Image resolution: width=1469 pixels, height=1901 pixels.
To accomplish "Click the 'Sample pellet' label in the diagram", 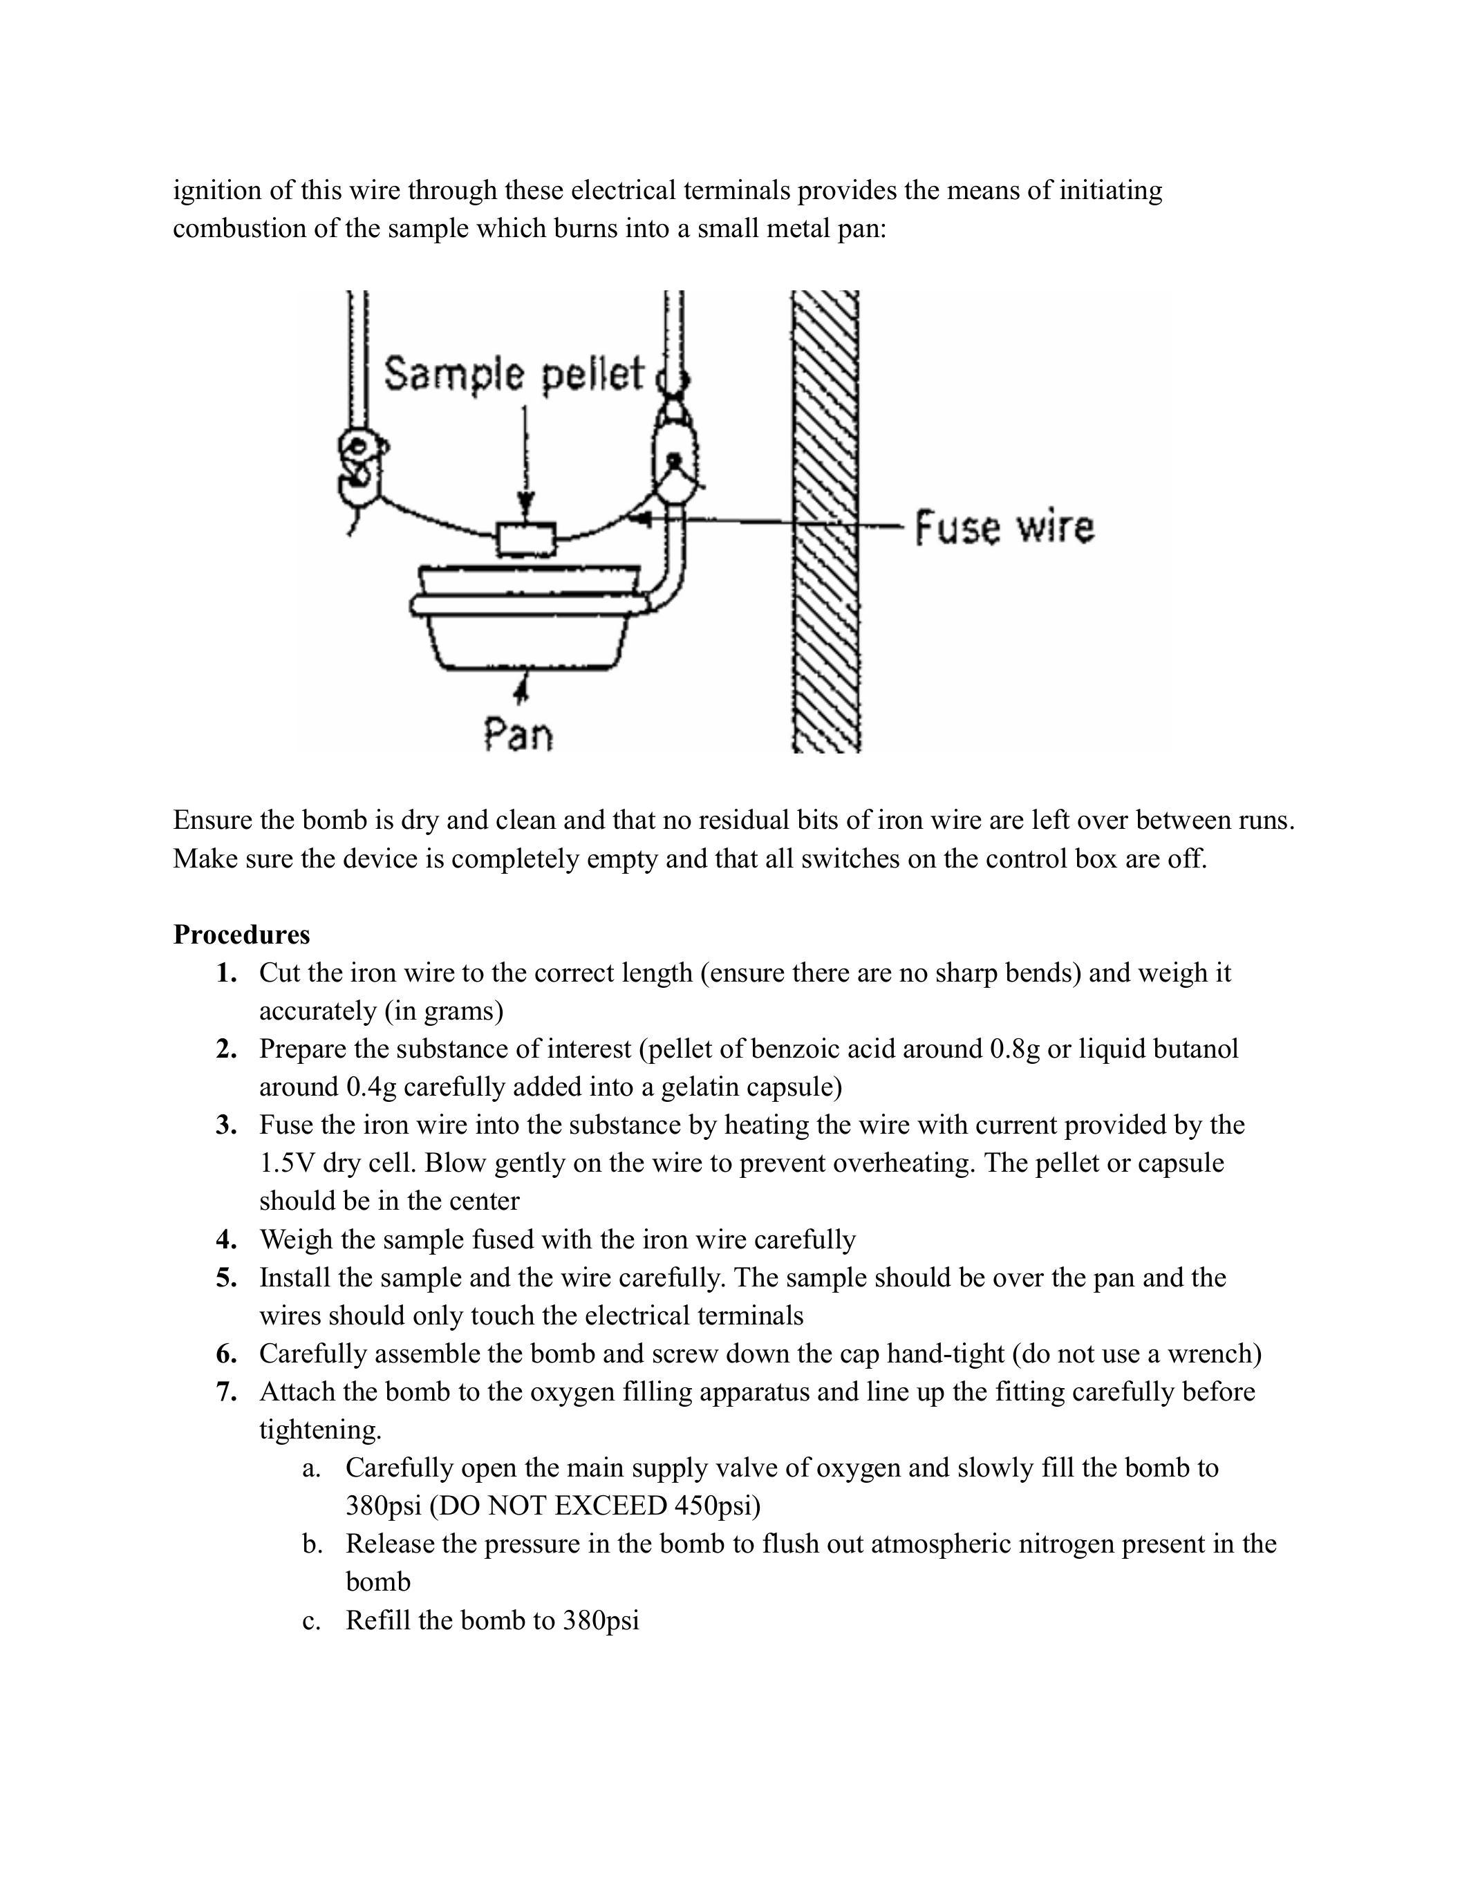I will pos(514,374).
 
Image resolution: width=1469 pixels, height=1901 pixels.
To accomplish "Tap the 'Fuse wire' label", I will pos(1004,527).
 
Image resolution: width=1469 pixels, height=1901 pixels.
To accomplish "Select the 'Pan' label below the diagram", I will pos(518,735).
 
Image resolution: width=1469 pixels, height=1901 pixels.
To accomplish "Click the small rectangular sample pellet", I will pos(525,539).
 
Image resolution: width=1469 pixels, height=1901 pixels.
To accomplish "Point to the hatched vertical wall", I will pos(825,522).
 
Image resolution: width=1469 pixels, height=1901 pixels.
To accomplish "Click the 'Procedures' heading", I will pos(241,934).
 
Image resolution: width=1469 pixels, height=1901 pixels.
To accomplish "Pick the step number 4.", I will pos(226,1239).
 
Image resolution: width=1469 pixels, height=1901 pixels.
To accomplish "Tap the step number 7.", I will pos(226,1392).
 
